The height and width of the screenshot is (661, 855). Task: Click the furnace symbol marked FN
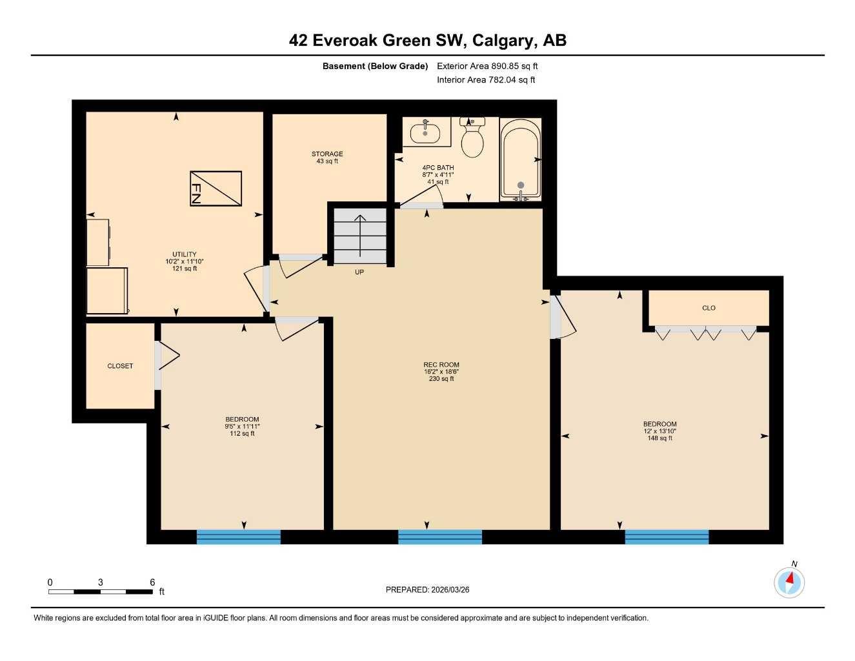click(x=216, y=188)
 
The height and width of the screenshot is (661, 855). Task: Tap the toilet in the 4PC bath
click(x=472, y=139)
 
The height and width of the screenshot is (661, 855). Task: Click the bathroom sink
click(x=426, y=132)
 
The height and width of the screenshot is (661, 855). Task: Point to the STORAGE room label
click(x=327, y=154)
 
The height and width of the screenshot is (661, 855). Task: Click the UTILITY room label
click(x=185, y=254)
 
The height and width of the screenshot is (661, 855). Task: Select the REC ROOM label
click(x=441, y=365)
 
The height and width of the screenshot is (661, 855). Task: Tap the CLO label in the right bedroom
click(x=709, y=308)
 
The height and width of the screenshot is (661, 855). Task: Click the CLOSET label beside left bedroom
click(x=120, y=366)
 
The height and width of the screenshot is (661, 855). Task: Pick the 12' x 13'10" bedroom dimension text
click(x=659, y=431)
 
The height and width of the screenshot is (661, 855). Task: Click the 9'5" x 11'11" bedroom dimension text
click(x=242, y=427)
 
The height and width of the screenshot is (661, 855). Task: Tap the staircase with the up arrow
click(x=360, y=236)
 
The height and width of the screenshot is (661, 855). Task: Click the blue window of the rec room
click(x=440, y=537)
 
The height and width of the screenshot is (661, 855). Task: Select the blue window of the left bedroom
click(x=239, y=537)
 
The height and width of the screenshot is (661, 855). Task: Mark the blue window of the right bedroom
click(x=667, y=537)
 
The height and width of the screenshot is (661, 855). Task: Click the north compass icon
click(x=789, y=582)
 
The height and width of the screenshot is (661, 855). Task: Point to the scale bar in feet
click(x=101, y=591)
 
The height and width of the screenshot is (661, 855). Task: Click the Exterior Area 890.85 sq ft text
click(x=487, y=66)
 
